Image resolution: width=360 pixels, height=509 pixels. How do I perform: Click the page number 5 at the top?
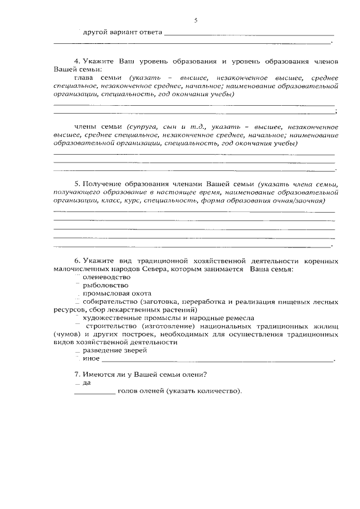[196, 20]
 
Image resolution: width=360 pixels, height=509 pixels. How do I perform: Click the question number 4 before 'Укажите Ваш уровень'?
[77, 60]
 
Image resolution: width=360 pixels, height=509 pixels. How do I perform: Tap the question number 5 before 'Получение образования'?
[77, 184]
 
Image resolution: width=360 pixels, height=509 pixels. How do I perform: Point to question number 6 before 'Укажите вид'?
[77, 261]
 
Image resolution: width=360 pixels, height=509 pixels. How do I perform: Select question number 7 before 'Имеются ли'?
[77, 374]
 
